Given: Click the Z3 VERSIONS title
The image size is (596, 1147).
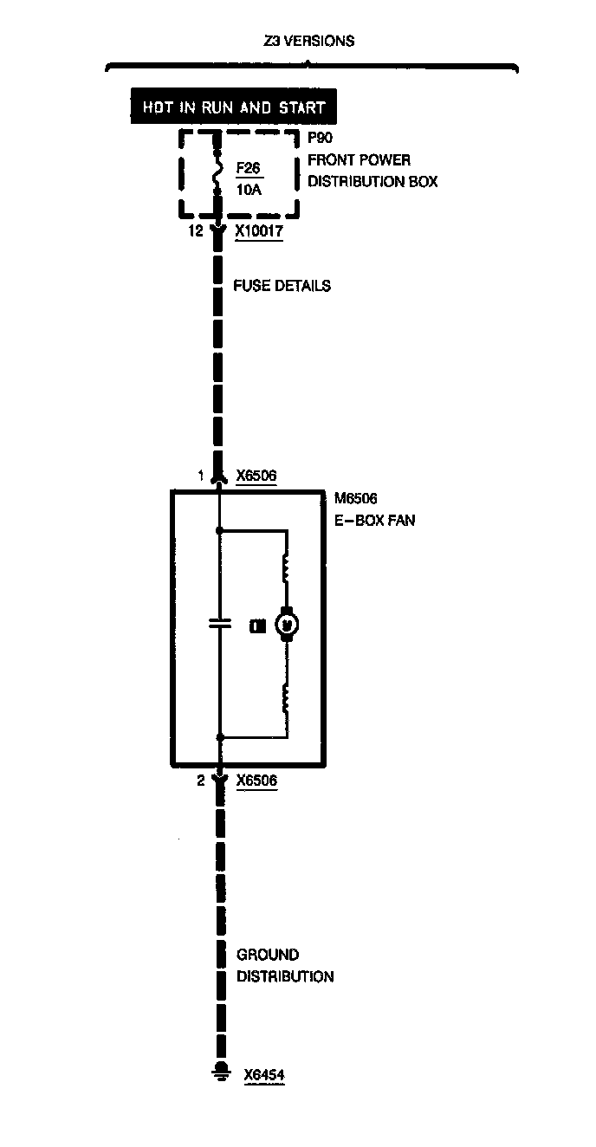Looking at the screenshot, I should [x=308, y=41].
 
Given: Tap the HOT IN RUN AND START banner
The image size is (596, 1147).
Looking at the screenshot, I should [x=233, y=108].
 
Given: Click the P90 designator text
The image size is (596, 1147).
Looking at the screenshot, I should [x=320, y=138].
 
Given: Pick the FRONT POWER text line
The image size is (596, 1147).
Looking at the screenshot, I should [x=359, y=160].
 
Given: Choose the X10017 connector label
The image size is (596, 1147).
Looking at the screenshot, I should [x=259, y=232].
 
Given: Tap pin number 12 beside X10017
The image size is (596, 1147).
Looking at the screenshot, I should [x=195, y=232].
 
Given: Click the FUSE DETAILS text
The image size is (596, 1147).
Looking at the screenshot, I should [x=282, y=286].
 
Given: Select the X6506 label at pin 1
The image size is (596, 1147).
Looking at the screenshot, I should [x=256, y=476].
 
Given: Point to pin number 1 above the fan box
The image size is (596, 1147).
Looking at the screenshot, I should [x=201, y=476].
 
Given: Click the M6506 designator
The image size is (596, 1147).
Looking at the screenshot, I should [x=355, y=499].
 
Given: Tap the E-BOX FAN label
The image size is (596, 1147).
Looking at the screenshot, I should [x=374, y=521].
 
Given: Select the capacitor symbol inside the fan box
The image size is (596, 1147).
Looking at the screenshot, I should [x=220, y=623].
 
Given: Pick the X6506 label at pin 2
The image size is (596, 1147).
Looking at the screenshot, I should [x=256, y=781].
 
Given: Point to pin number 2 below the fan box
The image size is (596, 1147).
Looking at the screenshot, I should [x=201, y=781].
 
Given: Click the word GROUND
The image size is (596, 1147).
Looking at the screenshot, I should [x=268, y=955].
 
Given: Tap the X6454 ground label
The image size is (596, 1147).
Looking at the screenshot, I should [x=264, y=1075].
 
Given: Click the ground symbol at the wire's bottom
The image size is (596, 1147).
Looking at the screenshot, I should [x=220, y=1072].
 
